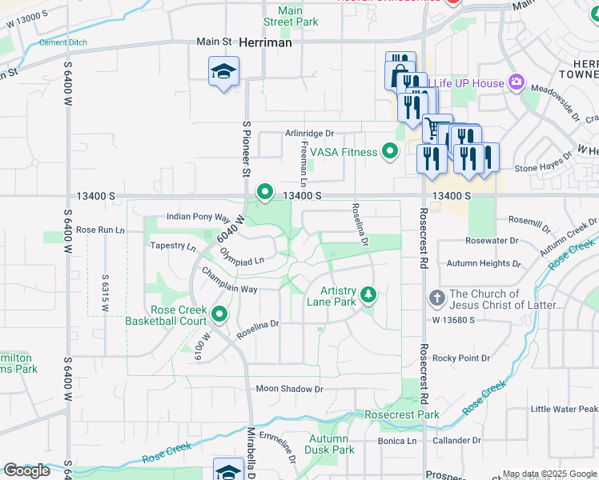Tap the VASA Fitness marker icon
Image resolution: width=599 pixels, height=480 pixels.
coord(390,151)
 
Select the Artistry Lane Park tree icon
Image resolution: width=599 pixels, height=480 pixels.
coord(368,295)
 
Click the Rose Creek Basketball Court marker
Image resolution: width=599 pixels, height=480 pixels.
coord(219,315)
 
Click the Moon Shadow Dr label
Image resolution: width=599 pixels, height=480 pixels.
coord(289,389)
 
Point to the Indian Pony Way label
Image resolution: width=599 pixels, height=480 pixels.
coord(198,217)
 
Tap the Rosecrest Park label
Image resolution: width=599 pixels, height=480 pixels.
coord(401,415)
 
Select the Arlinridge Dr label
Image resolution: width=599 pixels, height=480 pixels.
coord(308,134)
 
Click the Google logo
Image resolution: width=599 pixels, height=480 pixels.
coord(27,470)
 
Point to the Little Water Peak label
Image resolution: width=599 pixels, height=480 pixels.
coord(564,409)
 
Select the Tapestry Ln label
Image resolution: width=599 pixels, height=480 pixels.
coord(173,246)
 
